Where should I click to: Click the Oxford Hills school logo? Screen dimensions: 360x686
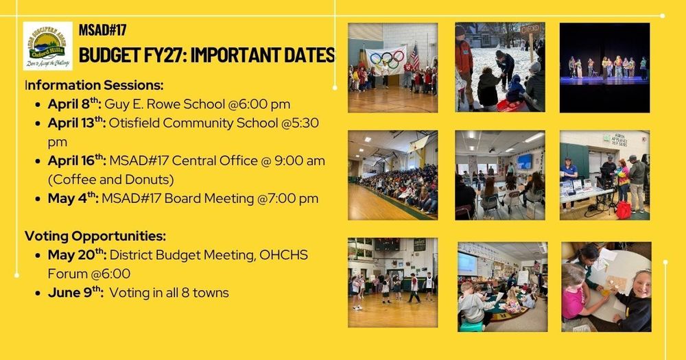[x=47, y=45]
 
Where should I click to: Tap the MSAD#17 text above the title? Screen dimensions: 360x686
[x=103, y=30]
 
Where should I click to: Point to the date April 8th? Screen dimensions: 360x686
[x=75, y=104]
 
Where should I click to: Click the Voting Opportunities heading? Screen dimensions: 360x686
[x=95, y=237]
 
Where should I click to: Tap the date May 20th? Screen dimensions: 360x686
[x=77, y=254]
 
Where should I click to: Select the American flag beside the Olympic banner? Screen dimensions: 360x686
[x=414, y=58]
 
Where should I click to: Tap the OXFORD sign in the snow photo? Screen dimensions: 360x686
[x=530, y=30]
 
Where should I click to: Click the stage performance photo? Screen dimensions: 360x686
[x=604, y=67]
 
